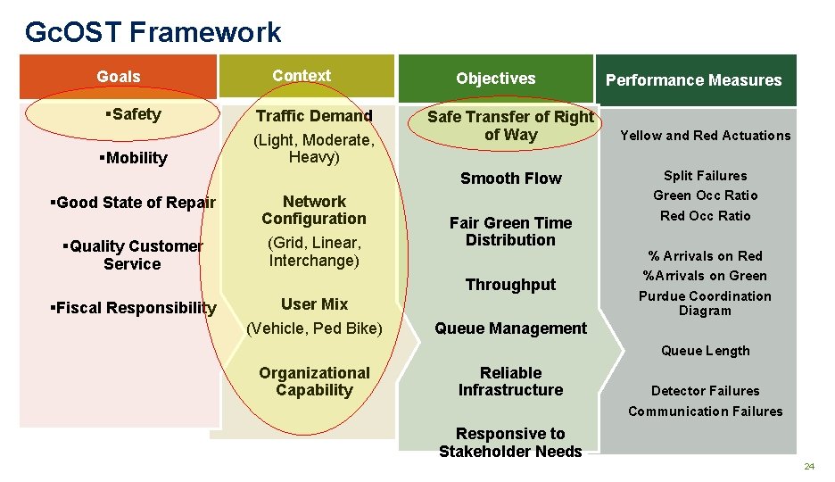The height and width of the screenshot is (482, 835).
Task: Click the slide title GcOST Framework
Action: pyautogui.click(x=153, y=32)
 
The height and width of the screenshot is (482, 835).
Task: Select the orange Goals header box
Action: pyautogui.click(x=119, y=77)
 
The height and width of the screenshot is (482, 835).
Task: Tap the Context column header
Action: pyautogui.click(x=302, y=76)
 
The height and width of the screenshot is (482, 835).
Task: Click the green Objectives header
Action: pyautogui.click(x=495, y=79)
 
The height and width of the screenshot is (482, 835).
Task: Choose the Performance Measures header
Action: pyautogui.click(x=693, y=80)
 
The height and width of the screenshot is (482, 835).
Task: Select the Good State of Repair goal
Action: pyautogui.click(x=134, y=203)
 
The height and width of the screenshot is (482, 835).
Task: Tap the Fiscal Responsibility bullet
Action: pyautogui.click(x=134, y=308)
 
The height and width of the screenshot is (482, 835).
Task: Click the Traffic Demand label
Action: pyautogui.click(x=314, y=116)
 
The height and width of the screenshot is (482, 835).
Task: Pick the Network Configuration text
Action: pyautogui.click(x=314, y=210)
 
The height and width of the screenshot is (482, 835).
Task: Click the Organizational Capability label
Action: pyautogui.click(x=314, y=381)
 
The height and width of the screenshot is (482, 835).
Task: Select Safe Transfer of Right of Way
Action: pyautogui.click(x=510, y=126)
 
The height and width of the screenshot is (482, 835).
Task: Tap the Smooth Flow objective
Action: pyautogui.click(x=510, y=179)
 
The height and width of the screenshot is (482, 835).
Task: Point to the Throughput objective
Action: pyautogui.click(x=510, y=285)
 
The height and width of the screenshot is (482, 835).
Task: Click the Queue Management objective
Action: pyautogui.click(x=510, y=328)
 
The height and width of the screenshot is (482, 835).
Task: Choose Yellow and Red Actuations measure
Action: pyautogui.click(x=705, y=136)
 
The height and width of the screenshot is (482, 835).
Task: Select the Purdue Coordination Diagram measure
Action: pyautogui.click(x=705, y=303)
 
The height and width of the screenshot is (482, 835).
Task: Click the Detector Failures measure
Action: pyautogui.click(x=705, y=391)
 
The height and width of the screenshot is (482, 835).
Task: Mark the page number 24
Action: pyautogui.click(x=809, y=467)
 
